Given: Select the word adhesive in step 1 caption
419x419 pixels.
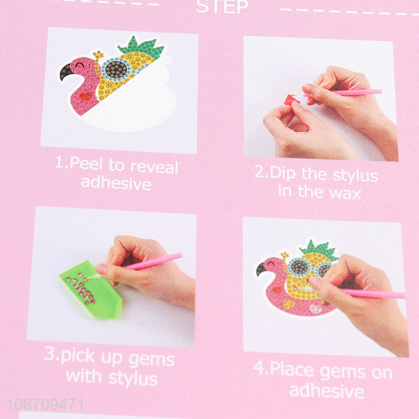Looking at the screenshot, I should (x=116, y=183).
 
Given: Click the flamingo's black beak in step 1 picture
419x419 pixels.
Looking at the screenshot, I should (x=68, y=71).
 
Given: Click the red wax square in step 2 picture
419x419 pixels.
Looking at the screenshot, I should (x=291, y=98).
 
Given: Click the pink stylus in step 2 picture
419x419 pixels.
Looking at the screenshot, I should (x=356, y=93).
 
